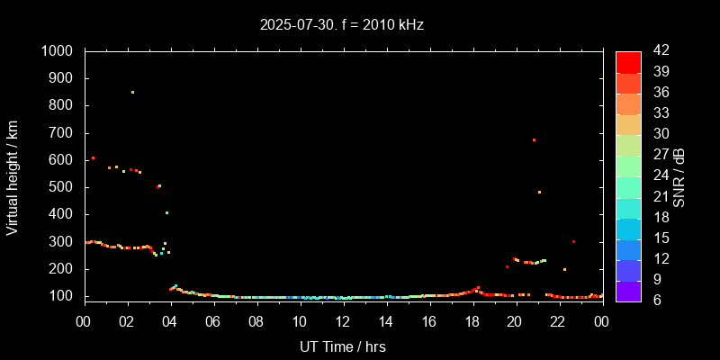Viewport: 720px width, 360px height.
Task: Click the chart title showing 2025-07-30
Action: tap(341, 25)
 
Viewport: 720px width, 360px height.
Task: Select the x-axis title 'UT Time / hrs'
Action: tap(342, 346)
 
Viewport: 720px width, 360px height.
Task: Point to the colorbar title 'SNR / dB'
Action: tap(679, 176)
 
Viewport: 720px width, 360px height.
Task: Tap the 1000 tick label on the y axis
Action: tap(59, 51)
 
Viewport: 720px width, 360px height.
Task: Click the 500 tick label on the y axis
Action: tap(63, 187)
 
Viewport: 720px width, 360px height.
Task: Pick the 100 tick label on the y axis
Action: tap(63, 296)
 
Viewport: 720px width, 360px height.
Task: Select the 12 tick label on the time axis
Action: tap(342, 321)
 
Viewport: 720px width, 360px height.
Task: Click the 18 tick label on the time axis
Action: tap(472, 321)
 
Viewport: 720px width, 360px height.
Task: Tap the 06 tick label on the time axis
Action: tap(213, 321)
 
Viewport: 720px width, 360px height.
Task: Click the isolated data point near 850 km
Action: tap(132, 92)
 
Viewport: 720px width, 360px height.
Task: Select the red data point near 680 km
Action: tap(534, 139)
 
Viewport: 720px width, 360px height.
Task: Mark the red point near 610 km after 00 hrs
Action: tap(93, 158)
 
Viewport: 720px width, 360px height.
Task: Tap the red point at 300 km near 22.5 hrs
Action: tap(573, 241)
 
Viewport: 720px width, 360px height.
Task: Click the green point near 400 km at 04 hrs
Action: tap(166, 213)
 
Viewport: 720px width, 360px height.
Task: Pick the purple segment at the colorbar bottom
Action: tap(628, 291)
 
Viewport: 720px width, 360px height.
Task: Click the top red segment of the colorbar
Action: tap(628, 61)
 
